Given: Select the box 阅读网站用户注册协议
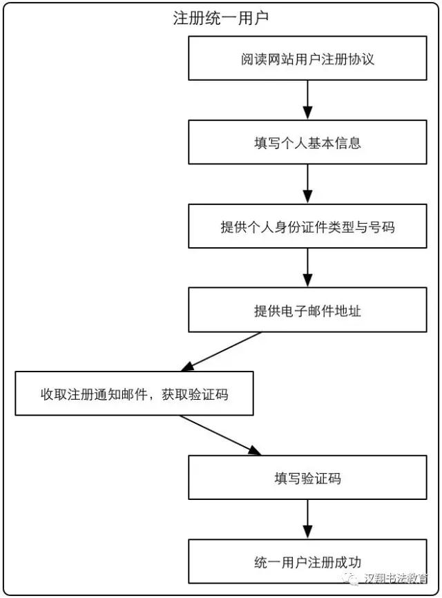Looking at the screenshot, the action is (x=307, y=59).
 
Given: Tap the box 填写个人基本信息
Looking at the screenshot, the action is (x=307, y=142).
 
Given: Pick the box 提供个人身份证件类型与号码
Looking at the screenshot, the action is (x=307, y=226).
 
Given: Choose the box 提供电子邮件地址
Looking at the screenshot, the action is (x=307, y=310).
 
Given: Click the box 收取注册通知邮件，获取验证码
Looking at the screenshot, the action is (x=134, y=394).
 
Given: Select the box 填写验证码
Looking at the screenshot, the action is (x=307, y=477).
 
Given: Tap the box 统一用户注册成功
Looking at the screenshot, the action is (x=307, y=561).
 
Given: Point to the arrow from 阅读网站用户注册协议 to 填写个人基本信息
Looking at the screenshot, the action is (x=307, y=100).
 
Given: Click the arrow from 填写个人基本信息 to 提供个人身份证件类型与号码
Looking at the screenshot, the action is (x=307, y=184).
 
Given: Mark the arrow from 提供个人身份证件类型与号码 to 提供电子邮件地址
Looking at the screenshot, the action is (x=307, y=268).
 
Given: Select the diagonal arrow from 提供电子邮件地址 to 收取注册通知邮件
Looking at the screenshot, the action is (x=221, y=351).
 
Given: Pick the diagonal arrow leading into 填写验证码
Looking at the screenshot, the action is (x=221, y=435).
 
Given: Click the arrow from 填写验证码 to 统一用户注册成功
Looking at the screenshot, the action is (x=307, y=519).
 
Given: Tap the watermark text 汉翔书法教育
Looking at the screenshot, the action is (x=396, y=578).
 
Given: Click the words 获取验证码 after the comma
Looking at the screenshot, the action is (x=195, y=394).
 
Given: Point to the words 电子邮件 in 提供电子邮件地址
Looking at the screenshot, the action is (x=294, y=311).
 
